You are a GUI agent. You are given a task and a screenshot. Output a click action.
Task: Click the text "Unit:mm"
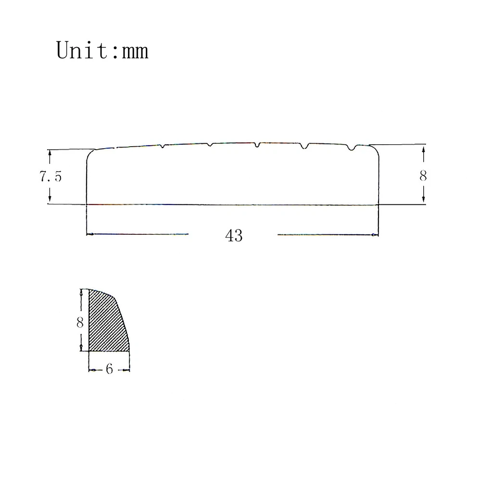[102, 51]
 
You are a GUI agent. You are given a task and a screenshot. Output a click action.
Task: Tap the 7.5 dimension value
[51, 177]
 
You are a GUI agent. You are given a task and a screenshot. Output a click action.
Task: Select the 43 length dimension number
[234, 236]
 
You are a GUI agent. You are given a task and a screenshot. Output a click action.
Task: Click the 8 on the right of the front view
[423, 176]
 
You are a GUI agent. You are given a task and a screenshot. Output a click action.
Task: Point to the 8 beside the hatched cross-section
[80, 322]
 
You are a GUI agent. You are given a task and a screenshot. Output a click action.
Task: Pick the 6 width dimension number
[109, 369]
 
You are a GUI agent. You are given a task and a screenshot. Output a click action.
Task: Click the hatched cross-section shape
[108, 322]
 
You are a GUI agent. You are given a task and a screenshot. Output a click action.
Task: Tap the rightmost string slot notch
[353, 147]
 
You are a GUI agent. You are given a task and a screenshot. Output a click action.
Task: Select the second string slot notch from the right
[304, 146]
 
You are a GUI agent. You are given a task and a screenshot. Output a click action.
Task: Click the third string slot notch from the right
[257, 145]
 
